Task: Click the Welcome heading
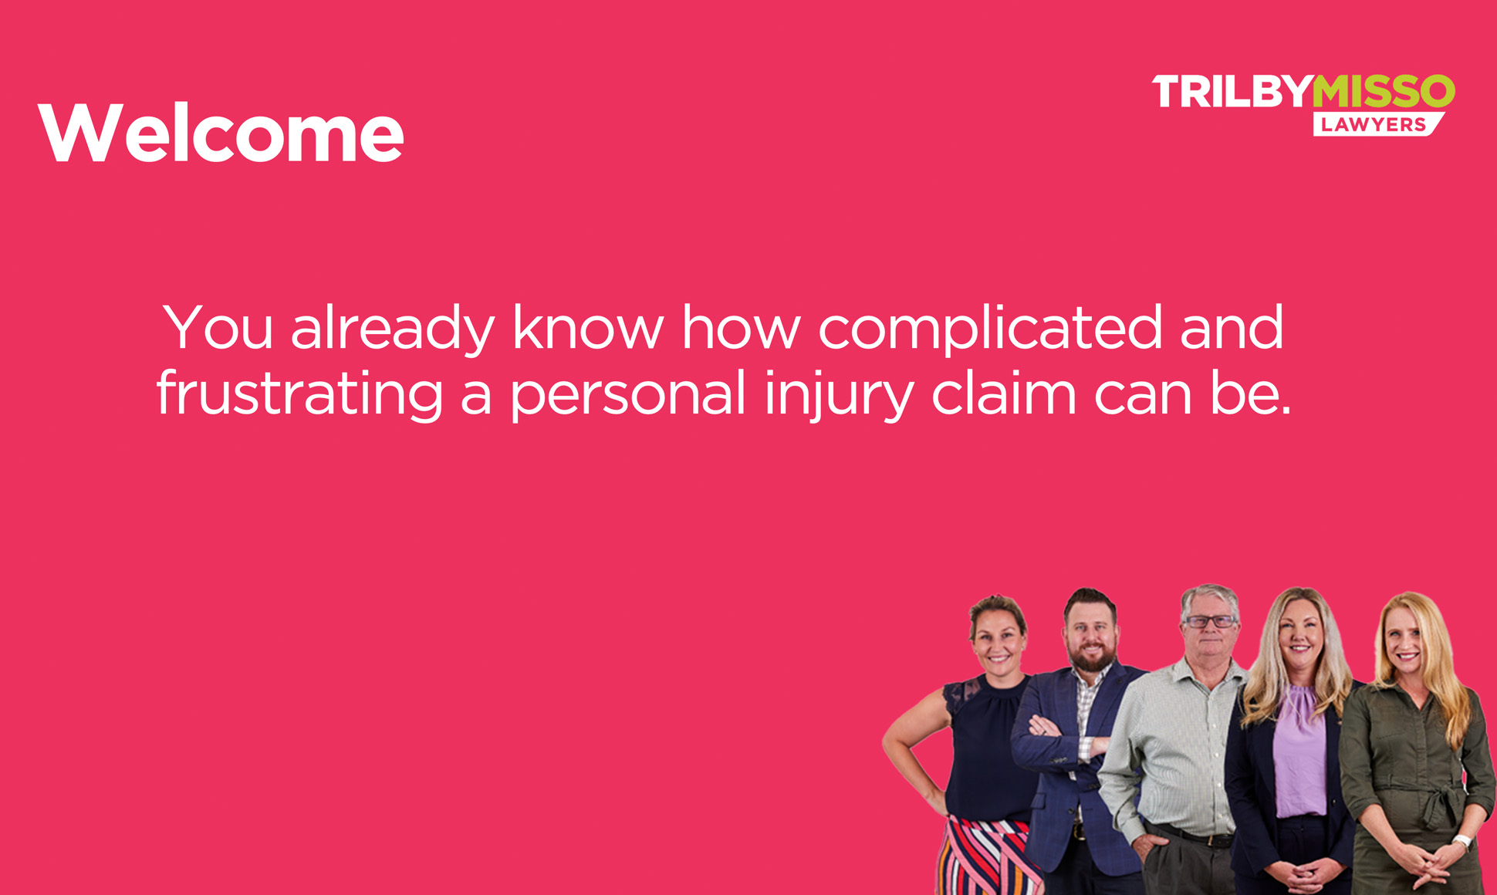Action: tap(221, 133)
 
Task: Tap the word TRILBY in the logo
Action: tap(1232, 91)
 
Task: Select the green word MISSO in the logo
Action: tap(1384, 91)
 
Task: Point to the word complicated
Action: tap(990, 329)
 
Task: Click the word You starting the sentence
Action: tap(218, 327)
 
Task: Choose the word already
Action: tap(393, 329)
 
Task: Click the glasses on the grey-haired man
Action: tap(1210, 621)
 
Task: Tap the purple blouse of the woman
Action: tap(1300, 752)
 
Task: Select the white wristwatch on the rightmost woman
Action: tap(1462, 842)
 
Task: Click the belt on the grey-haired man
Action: tap(1192, 835)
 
